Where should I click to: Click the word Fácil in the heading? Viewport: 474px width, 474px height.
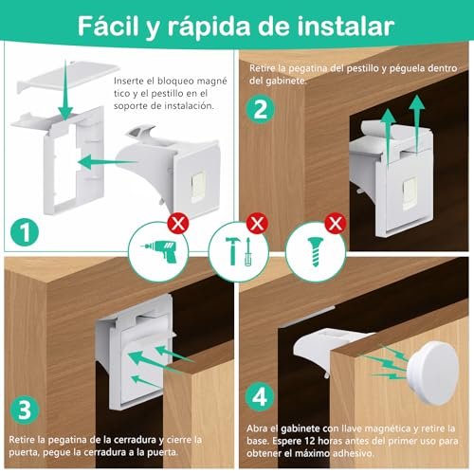click(x=108, y=26)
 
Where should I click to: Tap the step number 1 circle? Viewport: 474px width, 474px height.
click(x=25, y=233)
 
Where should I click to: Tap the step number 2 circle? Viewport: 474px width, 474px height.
click(x=261, y=109)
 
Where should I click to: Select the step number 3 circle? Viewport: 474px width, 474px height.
click(x=25, y=410)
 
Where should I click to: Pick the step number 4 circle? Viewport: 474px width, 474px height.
click(x=260, y=397)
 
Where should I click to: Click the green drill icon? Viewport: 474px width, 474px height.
click(x=159, y=252)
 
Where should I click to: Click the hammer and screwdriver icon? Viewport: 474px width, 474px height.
click(x=238, y=251)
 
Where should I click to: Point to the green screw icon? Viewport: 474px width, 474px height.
click(x=315, y=252)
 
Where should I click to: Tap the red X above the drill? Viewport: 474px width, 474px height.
click(x=178, y=224)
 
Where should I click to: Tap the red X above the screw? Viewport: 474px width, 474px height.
click(x=336, y=224)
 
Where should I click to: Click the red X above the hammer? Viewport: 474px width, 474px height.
click(x=257, y=224)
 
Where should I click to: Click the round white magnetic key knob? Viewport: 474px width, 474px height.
click(x=433, y=373)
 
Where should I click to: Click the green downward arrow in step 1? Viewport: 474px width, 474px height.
click(x=65, y=89)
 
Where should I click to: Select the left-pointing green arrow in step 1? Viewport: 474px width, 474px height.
click(x=108, y=162)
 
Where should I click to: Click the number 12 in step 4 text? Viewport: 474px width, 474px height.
click(x=310, y=441)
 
